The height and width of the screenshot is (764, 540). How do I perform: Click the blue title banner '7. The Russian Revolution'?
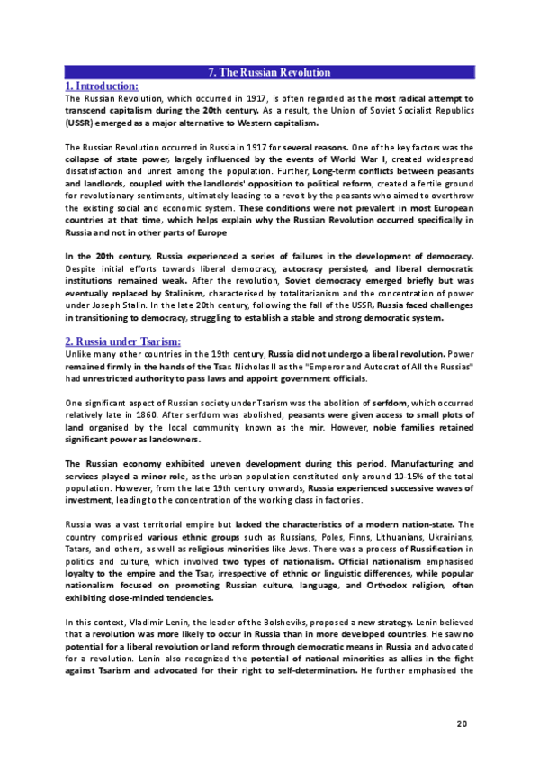(x=269, y=72)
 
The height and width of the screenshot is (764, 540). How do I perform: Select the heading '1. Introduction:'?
(x=102, y=86)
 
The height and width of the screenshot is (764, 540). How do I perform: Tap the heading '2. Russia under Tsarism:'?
(x=123, y=341)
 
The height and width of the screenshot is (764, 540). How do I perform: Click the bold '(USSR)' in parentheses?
(x=81, y=122)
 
